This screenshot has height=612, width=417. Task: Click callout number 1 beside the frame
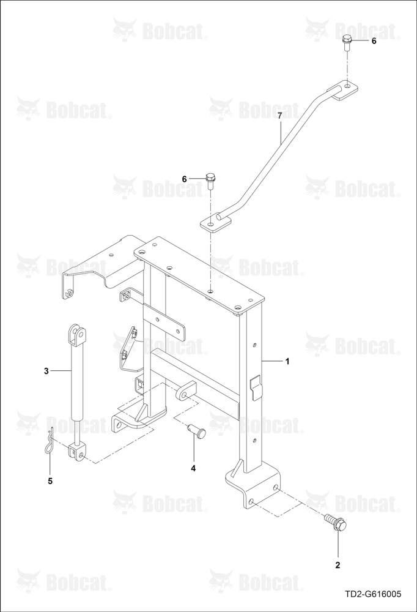(x=287, y=362)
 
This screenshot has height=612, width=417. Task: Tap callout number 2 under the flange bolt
(x=338, y=565)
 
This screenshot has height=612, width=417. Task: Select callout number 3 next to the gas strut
(x=46, y=371)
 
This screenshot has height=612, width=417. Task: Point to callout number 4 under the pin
(x=193, y=468)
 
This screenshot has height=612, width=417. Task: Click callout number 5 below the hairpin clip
(x=50, y=481)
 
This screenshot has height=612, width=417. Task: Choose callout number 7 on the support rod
(x=279, y=115)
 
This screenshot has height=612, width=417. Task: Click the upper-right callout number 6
(x=374, y=41)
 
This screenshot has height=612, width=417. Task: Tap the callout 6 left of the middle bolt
(x=185, y=179)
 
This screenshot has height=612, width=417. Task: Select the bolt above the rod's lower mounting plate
(x=210, y=182)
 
